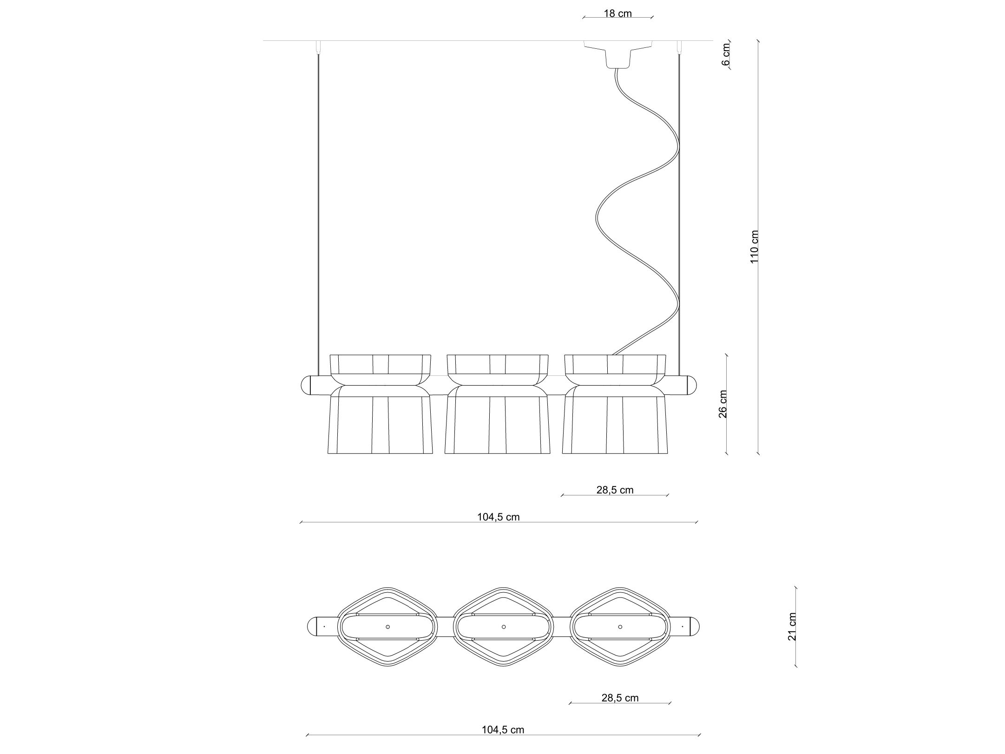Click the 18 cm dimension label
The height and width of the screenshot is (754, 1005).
point(617,13)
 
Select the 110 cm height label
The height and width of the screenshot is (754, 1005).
point(754,247)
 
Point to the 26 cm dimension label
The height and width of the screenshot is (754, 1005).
point(723,404)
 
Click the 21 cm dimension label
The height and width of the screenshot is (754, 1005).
point(792,626)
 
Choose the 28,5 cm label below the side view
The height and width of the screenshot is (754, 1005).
point(615,490)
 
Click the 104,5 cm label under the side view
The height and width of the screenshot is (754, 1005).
point(498,517)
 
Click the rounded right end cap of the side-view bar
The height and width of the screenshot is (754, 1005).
point(692,385)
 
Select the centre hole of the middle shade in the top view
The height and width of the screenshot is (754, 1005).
point(504,627)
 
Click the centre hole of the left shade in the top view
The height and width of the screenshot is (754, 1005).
point(388,627)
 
